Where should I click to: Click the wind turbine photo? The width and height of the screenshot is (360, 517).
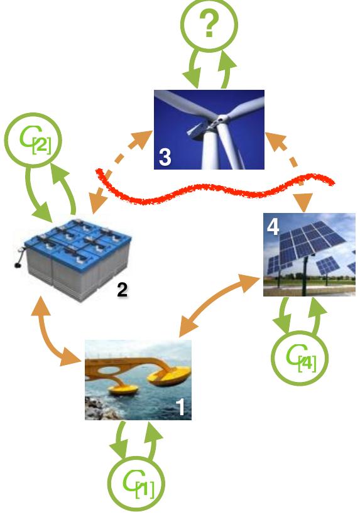pos(209,129)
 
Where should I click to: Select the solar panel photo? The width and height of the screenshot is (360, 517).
pos(309,254)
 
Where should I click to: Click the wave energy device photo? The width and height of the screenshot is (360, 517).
pos(138,379)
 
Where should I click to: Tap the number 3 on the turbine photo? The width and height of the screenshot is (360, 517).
pos(165,158)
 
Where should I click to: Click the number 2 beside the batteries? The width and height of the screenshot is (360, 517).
pos(123,290)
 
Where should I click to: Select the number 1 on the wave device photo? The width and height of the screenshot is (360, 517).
pos(180,408)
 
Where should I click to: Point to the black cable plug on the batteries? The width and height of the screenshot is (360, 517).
pos(15,264)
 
